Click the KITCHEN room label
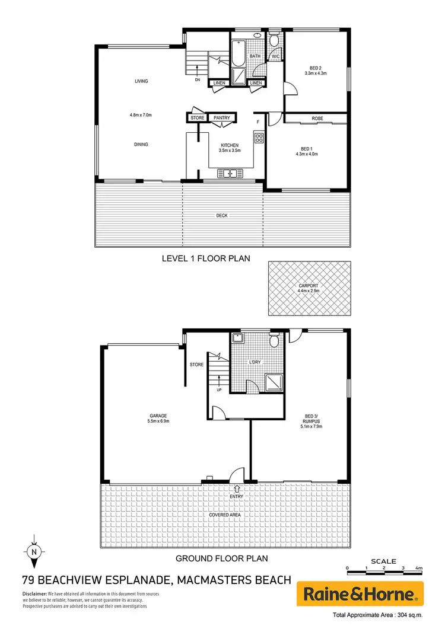[x=230, y=145]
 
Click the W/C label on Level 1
[x=275, y=57]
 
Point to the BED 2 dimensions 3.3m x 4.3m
[x=316, y=74]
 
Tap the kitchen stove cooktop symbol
[x=259, y=138]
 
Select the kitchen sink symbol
[x=229, y=173]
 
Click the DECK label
[x=221, y=215]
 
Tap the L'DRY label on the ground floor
[x=256, y=361]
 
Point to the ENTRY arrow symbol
[x=237, y=488]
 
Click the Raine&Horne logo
[x=364, y=593]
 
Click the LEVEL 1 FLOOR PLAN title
[x=206, y=258]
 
